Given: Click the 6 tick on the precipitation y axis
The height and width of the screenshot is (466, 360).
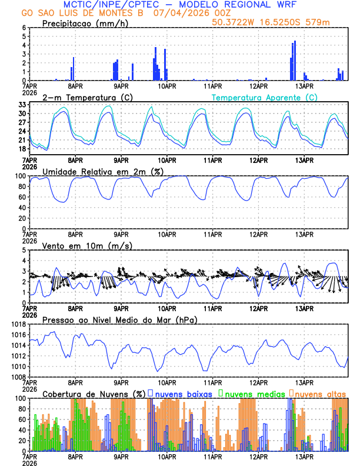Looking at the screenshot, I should click(x=24, y=28).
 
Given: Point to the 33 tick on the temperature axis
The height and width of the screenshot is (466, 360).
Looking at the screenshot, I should click(x=22, y=104).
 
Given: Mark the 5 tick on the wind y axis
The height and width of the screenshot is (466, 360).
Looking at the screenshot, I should click(x=24, y=250).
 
